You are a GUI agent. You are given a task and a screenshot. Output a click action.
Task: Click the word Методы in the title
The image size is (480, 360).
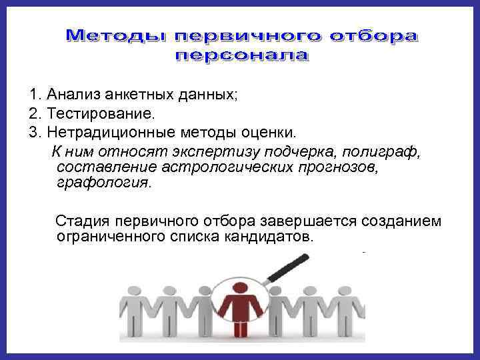(x=110, y=35)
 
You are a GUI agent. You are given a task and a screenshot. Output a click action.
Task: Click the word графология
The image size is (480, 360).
(x=105, y=181)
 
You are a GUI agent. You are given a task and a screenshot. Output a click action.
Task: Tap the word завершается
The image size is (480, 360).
(x=303, y=221)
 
